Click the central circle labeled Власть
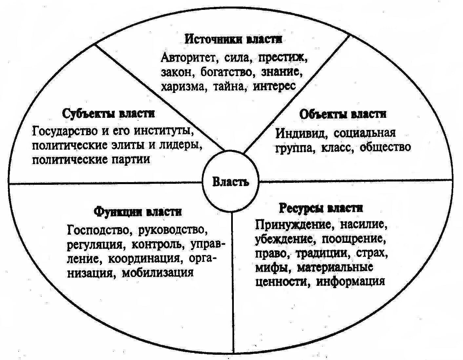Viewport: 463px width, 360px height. click(231, 182)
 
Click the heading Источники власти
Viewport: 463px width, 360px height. click(233, 39)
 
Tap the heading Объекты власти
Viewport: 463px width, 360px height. click(343, 114)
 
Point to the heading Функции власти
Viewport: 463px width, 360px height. click(138, 211)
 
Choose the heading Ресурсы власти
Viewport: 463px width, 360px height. click(321, 208)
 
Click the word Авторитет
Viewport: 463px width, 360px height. click(187, 58)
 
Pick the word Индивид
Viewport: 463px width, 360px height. click(300, 133)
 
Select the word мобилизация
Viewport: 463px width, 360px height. click(158, 272)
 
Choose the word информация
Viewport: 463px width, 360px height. click(350, 281)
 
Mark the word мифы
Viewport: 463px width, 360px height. click(269, 267)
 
